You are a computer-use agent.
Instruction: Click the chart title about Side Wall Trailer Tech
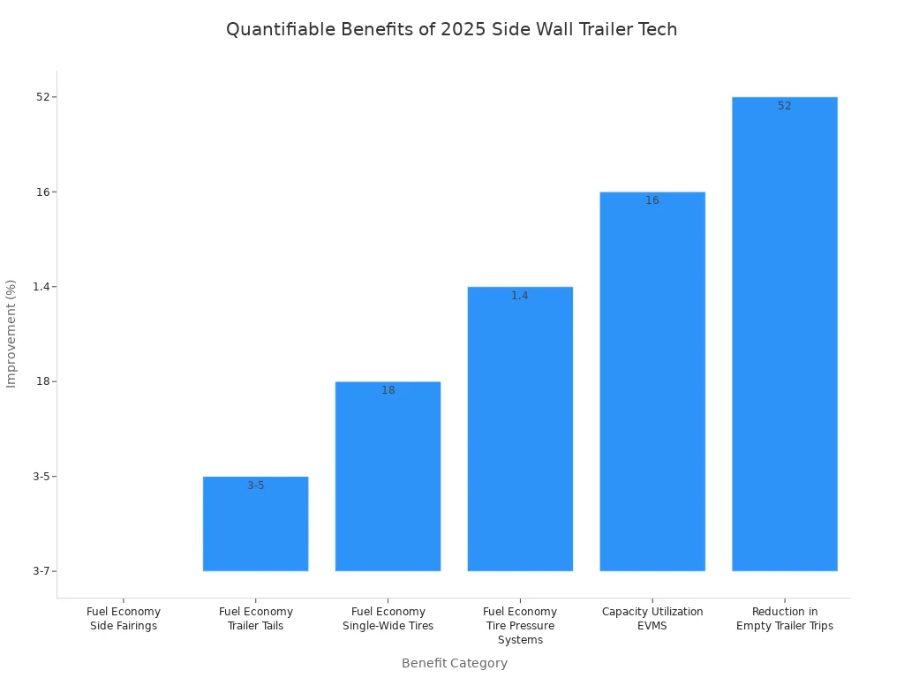(x=451, y=29)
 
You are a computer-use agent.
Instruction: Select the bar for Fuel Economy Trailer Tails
(x=255, y=524)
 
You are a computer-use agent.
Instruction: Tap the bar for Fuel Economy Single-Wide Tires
(x=388, y=477)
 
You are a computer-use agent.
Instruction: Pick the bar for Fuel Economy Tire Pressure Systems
(x=520, y=429)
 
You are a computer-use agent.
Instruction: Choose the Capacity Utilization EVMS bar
(x=652, y=381)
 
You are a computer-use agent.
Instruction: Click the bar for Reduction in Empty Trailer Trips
(x=784, y=334)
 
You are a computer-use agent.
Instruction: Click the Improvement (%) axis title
(x=11, y=334)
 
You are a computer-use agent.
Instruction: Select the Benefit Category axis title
(x=454, y=663)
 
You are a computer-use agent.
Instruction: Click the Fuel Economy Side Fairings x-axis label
(x=124, y=619)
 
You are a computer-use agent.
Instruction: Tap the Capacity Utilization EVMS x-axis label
(x=652, y=619)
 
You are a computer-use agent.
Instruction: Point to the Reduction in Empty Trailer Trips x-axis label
(x=784, y=619)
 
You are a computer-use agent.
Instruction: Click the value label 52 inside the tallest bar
(x=784, y=106)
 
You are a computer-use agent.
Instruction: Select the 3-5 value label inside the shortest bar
(x=255, y=486)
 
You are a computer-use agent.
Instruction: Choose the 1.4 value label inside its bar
(x=520, y=296)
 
